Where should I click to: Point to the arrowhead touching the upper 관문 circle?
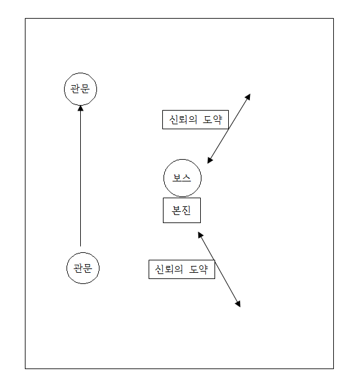click(x=80, y=108)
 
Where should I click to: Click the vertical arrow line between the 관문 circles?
click(x=80, y=176)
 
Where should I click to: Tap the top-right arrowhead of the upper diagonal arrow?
click(x=247, y=97)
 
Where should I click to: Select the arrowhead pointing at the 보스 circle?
click(x=210, y=160)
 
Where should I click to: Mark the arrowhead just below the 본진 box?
click(x=201, y=235)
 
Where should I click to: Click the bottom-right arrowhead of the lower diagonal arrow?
click(x=238, y=304)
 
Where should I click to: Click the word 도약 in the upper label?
click(x=213, y=119)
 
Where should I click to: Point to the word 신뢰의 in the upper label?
click(x=183, y=119)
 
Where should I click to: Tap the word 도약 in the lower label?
click(x=198, y=270)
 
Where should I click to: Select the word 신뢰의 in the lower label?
click(x=169, y=270)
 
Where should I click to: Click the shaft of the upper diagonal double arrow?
click(x=229, y=129)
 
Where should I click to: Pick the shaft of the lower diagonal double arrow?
click(x=219, y=270)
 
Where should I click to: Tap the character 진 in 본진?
click(x=186, y=211)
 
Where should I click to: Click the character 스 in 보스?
click(x=187, y=178)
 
